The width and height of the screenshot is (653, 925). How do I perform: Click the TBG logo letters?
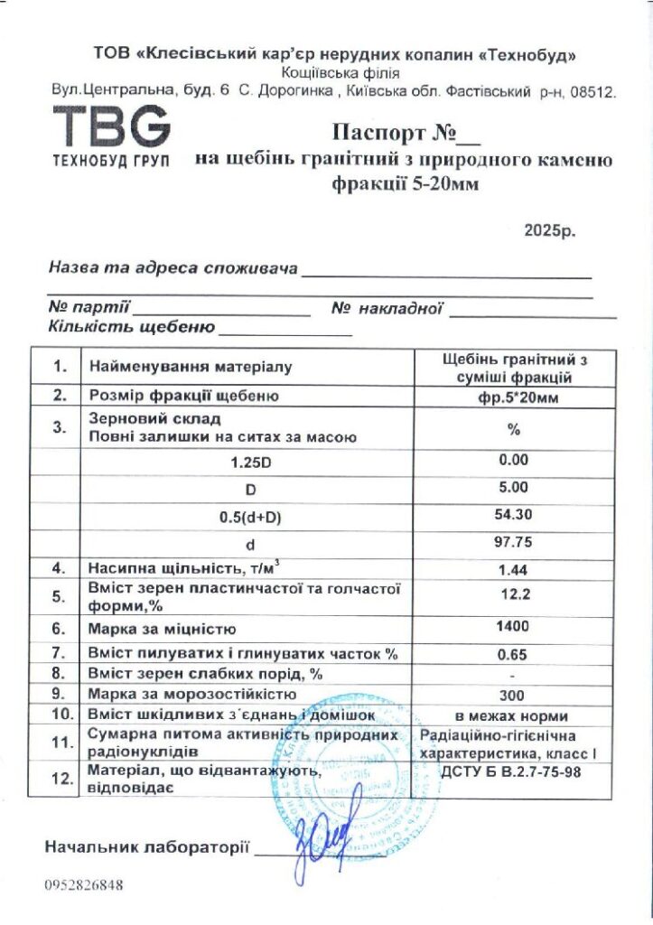click(111, 126)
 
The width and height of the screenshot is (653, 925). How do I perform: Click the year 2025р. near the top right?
click(549, 230)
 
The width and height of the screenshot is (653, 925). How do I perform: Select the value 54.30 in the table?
click(513, 515)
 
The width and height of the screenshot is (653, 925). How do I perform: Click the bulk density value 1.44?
click(513, 569)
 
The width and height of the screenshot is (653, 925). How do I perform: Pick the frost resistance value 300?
click(513, 695)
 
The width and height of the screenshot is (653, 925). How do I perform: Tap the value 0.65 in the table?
click(513, 652)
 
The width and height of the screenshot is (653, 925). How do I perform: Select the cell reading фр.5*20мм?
click(513, 397)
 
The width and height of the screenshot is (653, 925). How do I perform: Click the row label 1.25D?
click(250, 461)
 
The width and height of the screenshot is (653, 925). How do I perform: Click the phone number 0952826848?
click(83, 884)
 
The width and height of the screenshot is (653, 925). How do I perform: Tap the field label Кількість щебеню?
click(132, 327)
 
